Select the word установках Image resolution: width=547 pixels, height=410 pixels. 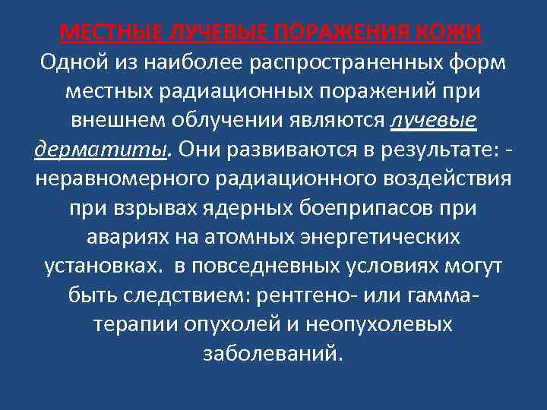pos(98,267)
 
